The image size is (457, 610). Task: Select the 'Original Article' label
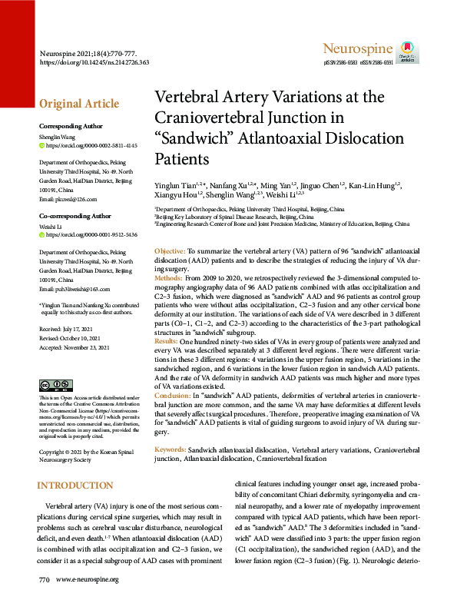79,104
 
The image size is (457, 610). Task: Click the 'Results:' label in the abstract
167,340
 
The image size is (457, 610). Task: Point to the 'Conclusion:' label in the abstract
173,394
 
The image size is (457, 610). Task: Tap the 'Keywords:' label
170,448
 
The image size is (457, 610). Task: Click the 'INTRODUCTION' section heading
76,486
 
